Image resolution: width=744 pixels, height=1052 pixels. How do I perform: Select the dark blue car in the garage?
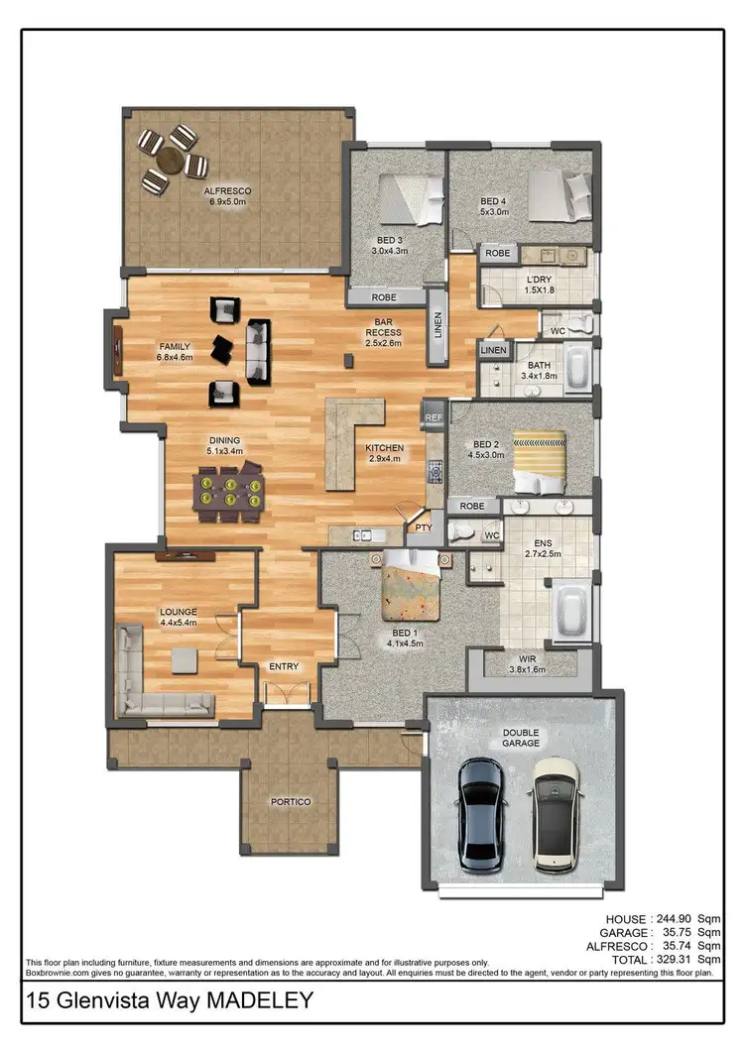483,814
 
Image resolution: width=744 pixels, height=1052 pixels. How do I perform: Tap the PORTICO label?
291,801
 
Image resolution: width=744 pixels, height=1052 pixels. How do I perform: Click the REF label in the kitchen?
434,417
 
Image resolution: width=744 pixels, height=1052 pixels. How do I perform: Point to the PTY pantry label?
424,528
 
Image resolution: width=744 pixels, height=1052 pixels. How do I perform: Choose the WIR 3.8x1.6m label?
528,663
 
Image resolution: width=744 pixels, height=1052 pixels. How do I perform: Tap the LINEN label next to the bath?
493,351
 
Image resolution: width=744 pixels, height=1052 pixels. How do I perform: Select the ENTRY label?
284,667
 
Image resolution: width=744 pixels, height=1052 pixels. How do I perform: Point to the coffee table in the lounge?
185,660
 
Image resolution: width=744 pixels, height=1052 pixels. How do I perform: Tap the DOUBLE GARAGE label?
522,739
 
